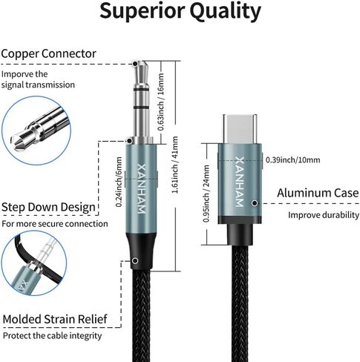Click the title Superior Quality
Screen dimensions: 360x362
point(180,11)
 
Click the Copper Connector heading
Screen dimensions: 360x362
point(48,54)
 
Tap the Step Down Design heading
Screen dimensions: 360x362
point(48,207)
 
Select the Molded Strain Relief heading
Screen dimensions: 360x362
point(55,319)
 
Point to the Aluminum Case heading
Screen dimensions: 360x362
point(318,193)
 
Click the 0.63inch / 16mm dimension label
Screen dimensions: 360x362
point(161,102)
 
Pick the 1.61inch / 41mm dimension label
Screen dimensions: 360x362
point(175,165)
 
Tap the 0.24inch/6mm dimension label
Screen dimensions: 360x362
point(119,182)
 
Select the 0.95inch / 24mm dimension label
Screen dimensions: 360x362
point(206,194)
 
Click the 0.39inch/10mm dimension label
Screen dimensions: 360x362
point(292,159)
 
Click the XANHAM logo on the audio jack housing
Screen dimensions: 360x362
point(141,188)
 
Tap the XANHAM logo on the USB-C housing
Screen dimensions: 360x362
point(239,182)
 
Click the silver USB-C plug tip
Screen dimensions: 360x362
point(240,129)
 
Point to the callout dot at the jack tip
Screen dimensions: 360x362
point(135,64)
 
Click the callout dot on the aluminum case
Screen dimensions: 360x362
point(255,203)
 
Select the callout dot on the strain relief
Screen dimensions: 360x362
point(135,260)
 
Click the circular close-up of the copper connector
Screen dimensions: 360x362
point(36,131)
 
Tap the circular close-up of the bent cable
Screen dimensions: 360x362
point(34,263)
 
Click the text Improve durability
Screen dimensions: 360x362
point(324,215)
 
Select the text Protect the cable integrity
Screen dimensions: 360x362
point(52,336)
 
